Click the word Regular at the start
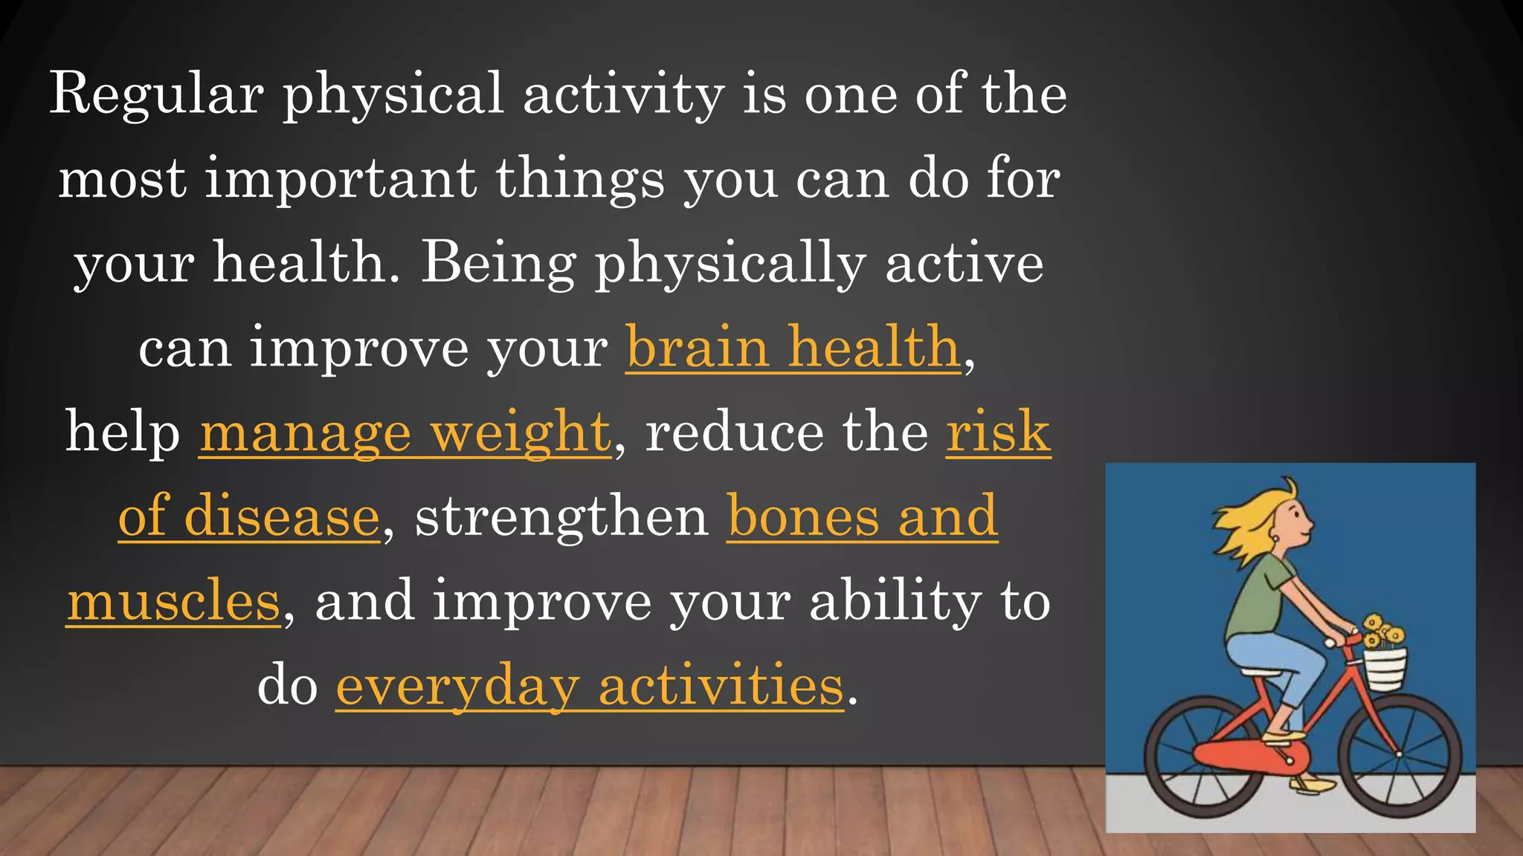[156, 95]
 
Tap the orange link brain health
[793, 348]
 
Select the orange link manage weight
[405, 432]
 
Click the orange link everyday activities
[590, 685]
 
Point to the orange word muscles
[173, 601]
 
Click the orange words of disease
[249, 516]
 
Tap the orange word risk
[998, 432]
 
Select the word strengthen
[561, 516]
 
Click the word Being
[498, 264]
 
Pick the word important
[341, 179]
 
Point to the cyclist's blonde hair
[1249, 520]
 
